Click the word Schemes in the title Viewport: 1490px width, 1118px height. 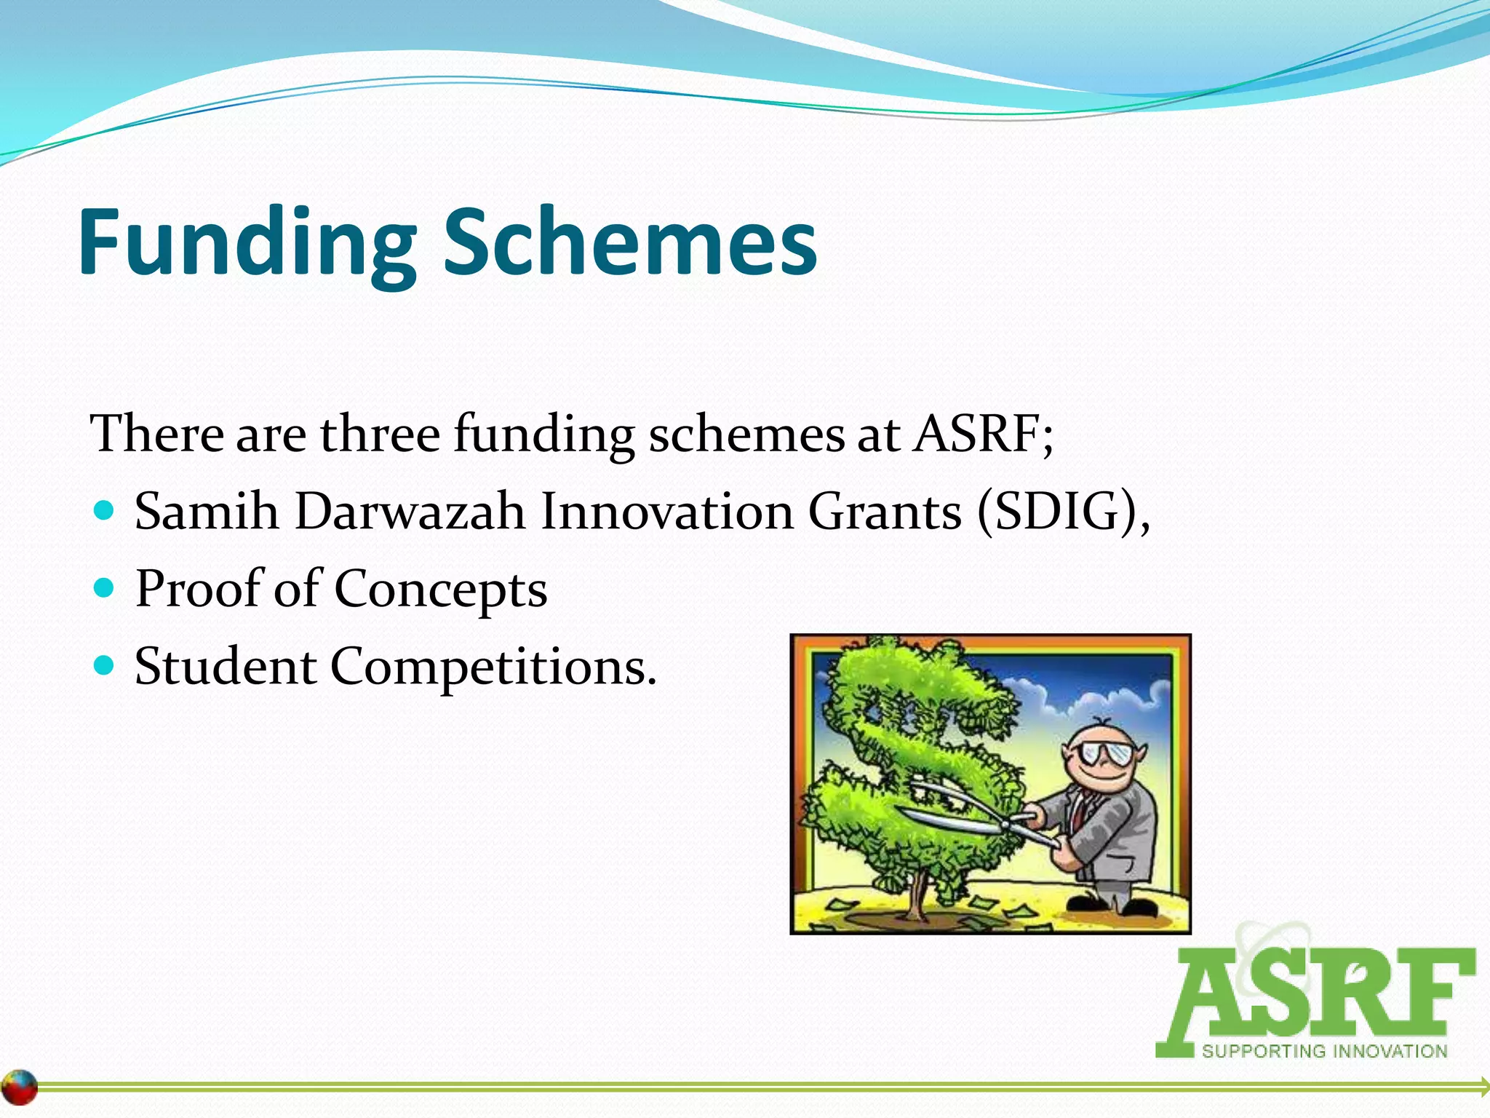point(630,242)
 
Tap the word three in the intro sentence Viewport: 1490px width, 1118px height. point(380,435)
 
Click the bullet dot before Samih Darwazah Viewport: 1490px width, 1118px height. point(105,510)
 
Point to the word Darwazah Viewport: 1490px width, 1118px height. point(410,512)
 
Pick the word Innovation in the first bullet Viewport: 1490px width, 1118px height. point(666,512)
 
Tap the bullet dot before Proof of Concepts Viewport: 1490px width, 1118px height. point(105,587)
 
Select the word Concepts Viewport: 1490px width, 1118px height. point(440,590)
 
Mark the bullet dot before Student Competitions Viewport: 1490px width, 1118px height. point(105,665)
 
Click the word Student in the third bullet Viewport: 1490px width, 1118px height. point(226,666)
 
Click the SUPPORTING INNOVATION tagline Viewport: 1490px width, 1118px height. point(1324,1052)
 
